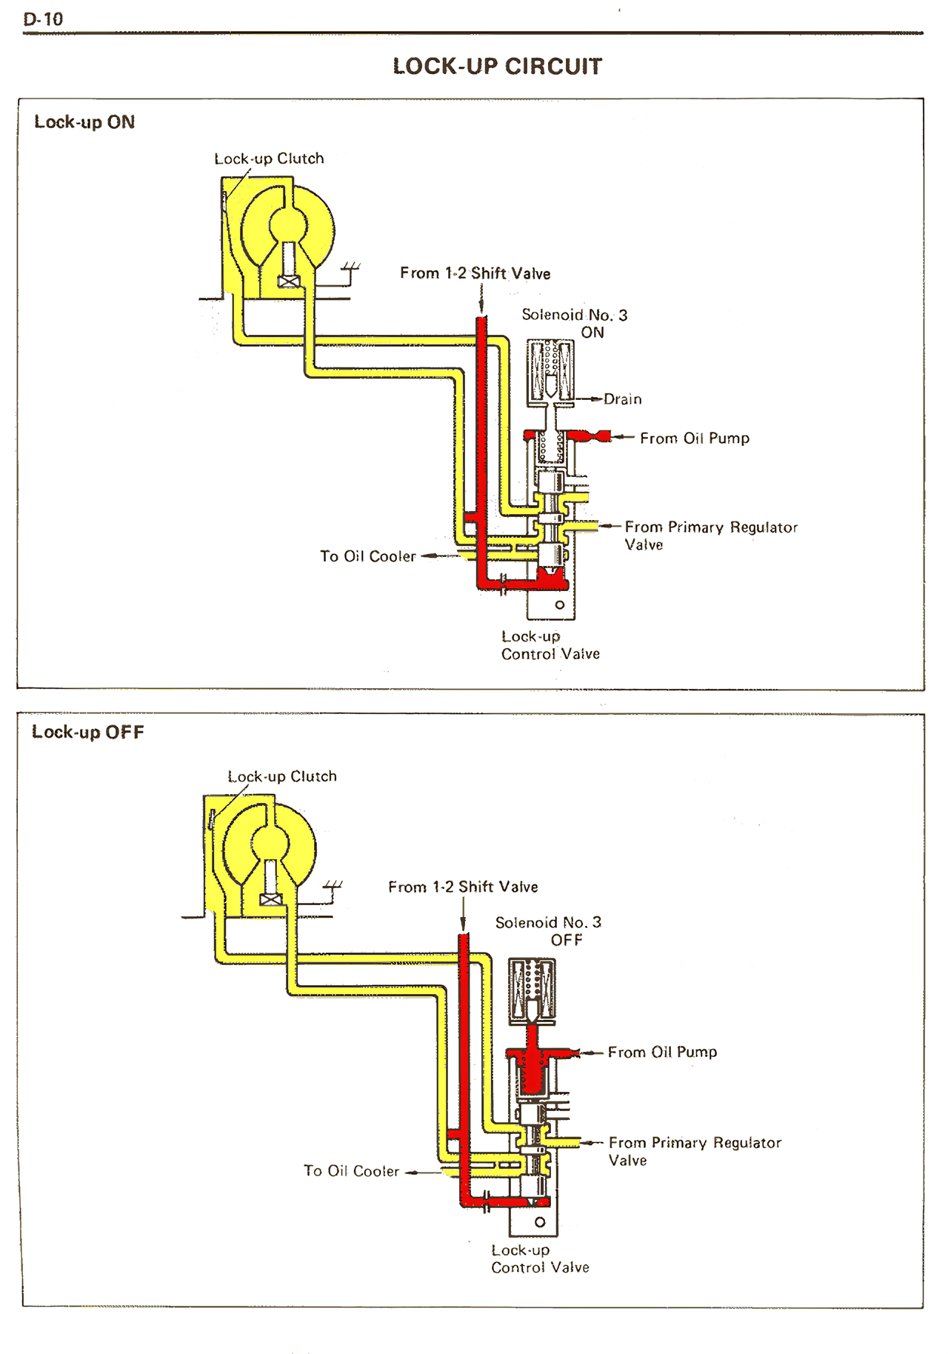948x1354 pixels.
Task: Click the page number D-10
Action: point(43,20)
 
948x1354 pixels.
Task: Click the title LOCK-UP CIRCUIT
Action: point(497,67)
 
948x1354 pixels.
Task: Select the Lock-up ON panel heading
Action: point(84,122)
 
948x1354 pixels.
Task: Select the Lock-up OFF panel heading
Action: point(87,732)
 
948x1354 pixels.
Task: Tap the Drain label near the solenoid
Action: point(622,399)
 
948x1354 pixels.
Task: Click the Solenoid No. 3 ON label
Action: point(575,324)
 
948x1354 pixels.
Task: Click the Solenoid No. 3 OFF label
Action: point(549,931)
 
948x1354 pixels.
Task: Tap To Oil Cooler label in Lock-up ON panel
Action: point(368,556)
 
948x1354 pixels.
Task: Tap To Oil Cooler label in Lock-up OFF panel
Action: point(351,1171)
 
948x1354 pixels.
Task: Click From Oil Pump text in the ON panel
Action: point(694,438)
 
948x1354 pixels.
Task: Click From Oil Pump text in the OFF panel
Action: point(662,1052)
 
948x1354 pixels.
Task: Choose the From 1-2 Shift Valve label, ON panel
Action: point(475,273)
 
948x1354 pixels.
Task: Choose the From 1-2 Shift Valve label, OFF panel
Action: point(463,887)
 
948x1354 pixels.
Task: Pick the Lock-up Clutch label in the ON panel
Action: point(269,159)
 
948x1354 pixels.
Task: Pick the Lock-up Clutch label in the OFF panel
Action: point(281,776)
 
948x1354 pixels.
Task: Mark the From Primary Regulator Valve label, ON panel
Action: point(710,536)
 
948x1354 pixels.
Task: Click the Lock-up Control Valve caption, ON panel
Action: point(550,645)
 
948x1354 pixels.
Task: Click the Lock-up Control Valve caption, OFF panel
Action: point(540,1258)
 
